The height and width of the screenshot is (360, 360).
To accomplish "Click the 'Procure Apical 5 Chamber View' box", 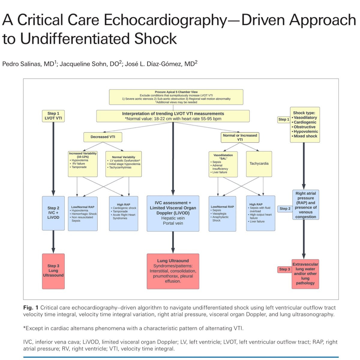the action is tap(176, 97).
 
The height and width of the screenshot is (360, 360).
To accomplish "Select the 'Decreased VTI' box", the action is tap(103, 137).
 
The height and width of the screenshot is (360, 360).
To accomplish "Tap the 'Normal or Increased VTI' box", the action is tap(240, 137).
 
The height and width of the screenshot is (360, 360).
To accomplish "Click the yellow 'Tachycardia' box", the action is tap(259, 164).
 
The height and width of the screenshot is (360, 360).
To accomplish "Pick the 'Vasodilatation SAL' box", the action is tap(223, 164).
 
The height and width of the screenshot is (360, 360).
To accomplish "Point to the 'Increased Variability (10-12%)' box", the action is tap(83, 164).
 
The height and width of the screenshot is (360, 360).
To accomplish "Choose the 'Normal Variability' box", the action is tap(123, 164).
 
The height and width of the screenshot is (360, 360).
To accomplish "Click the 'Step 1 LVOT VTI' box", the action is tap(53, 116).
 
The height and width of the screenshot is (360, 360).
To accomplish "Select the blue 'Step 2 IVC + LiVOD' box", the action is tap(53, 213).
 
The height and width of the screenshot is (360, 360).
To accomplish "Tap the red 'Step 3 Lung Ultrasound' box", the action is tap(53, 271).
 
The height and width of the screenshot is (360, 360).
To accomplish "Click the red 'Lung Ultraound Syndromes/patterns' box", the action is tap(173, 271).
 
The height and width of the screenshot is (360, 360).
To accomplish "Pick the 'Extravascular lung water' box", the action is tap(305, 274).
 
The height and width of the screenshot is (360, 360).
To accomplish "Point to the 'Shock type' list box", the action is tap(305, 124).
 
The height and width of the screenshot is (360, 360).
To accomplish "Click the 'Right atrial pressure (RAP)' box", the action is tap(305, 205).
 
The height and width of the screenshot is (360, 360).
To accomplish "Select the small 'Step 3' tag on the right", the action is tap(285, 269).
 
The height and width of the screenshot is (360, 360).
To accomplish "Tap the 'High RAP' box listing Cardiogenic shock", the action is tap(124, 213).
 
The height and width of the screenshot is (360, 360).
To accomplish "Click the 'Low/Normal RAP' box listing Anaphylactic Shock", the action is tap(222, 214).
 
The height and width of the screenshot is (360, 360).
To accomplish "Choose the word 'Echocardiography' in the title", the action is tap(165, 20).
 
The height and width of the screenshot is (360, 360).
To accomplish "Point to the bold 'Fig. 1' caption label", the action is tap(31, 307).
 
